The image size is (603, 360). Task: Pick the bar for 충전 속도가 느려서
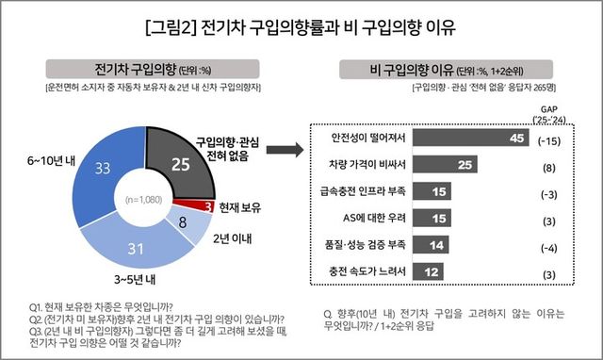pyautogui.click(x=430, y=272)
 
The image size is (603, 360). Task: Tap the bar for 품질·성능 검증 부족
pyautogui.click(x=432, y=245)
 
